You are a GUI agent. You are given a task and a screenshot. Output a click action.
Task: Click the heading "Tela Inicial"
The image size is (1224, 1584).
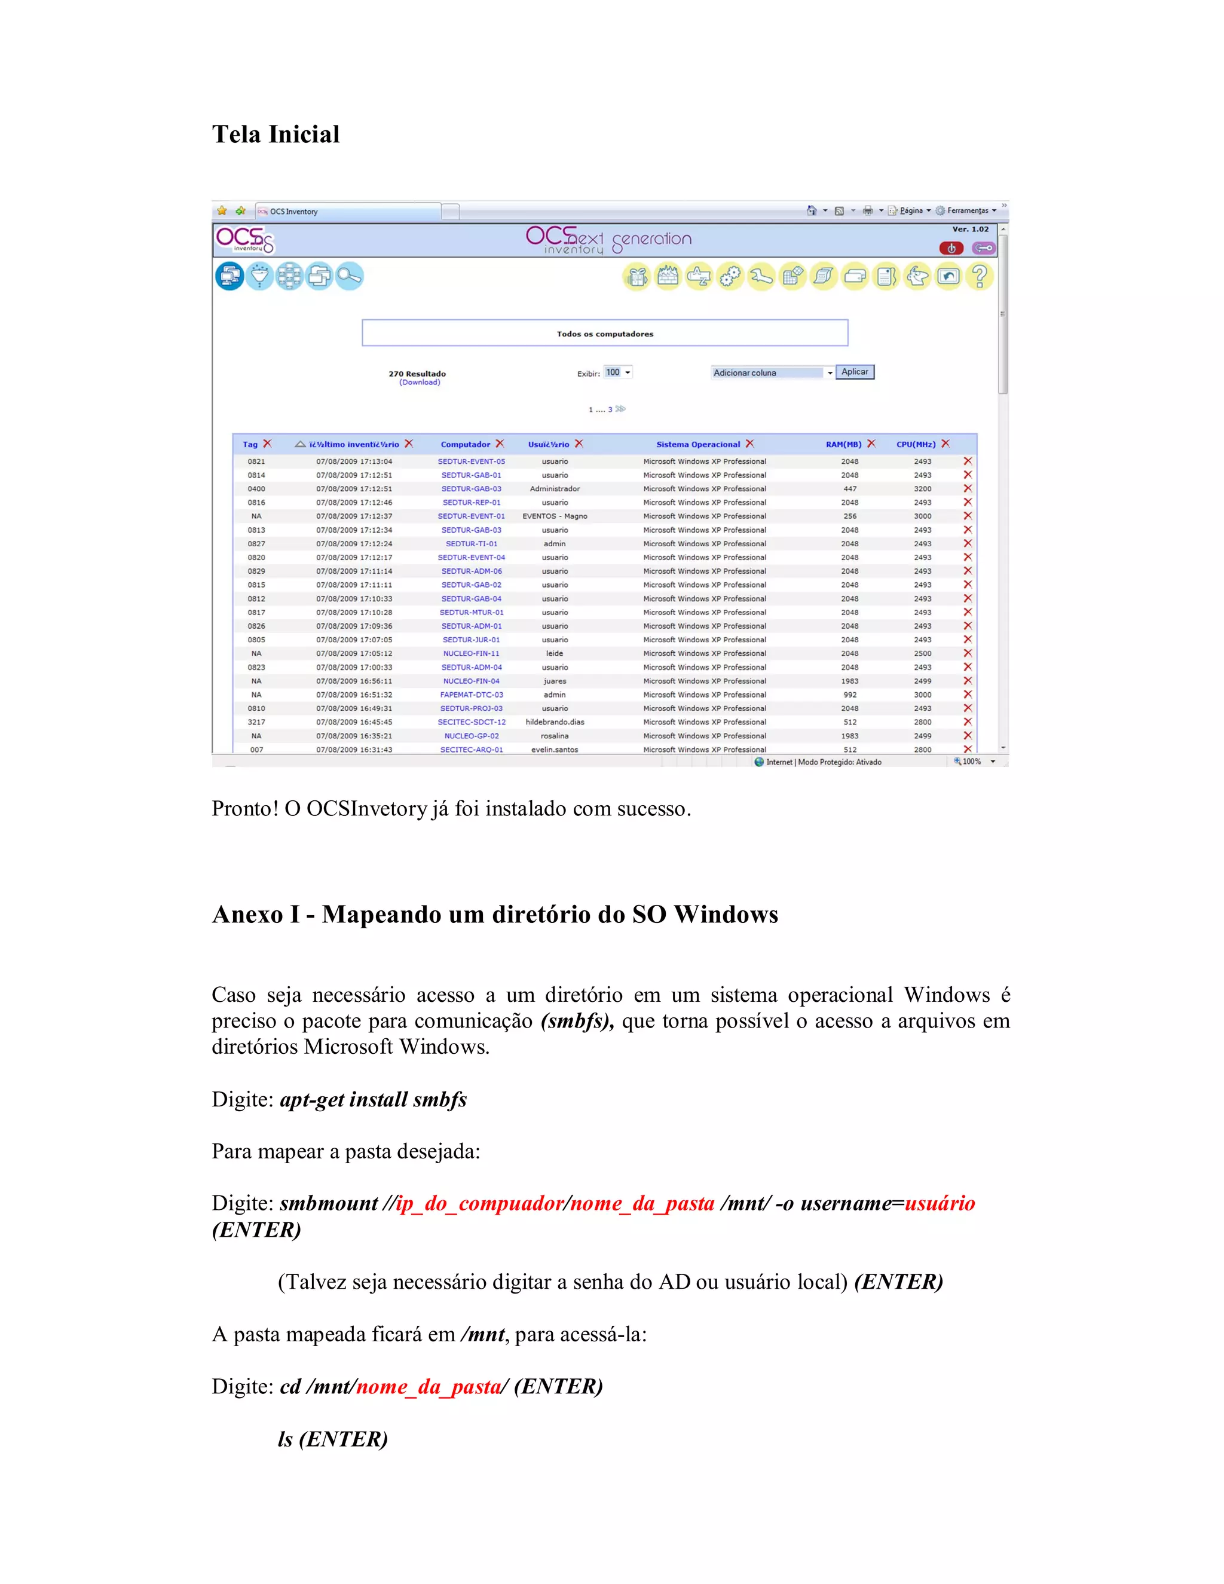(x=276, y=134)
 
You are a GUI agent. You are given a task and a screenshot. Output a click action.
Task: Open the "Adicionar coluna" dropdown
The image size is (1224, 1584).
(x=772, y=373)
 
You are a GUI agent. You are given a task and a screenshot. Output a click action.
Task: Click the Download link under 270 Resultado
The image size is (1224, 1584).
(x=419, y=382)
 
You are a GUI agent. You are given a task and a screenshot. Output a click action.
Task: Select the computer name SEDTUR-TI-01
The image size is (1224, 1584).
(x=472, y=544)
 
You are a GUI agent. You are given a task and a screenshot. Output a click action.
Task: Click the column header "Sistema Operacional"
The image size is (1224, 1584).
(x=697, y=445)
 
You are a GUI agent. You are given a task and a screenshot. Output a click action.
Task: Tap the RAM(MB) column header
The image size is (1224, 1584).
(x=843, y=445)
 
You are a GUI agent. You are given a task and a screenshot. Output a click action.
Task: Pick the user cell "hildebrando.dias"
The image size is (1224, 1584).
(x=555, y=723)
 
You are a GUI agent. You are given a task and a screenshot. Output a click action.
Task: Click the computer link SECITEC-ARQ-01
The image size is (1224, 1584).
(x=472, y=750)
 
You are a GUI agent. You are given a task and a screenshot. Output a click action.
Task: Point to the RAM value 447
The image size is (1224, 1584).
(x=850, y=489)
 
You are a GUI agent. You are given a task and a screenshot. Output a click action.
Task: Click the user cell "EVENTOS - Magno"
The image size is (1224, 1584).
(x=555, y=516)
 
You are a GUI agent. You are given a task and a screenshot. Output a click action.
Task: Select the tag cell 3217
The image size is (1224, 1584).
(x=256, y=723)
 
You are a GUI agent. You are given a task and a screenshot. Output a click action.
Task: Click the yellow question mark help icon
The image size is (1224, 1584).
(x=980, y=276)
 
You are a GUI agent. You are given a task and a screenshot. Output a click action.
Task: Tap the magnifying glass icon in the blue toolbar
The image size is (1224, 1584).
(x=350, y=276)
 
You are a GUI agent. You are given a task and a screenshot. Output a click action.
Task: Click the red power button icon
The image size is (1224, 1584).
(x=951, y=248)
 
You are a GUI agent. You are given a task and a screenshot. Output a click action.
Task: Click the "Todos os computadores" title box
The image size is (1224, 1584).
(x=605, y=334)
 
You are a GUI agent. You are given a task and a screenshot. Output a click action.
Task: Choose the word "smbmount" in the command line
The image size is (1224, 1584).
(x=329, y=1203)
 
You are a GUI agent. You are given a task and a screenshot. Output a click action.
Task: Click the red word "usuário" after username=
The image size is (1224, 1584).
(x=940, y=1203)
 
